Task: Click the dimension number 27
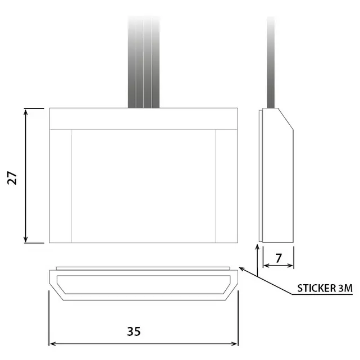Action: click(x=13, y=178)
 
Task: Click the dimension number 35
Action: click(x=133, y=331)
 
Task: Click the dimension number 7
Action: click(x=279, y=259)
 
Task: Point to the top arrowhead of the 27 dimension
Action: click(x=26, y=111)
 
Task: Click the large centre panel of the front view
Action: click(x=143, y=185)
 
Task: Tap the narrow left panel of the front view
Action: click(x=60, y=185)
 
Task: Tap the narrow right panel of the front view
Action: click(x=227, y=185)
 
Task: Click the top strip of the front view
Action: click(x=143, y=119)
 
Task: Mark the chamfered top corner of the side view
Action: click(x=285, y=119)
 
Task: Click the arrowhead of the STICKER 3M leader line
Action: click(x=242, y=268)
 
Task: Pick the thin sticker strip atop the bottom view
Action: click(x=143, y=267)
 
